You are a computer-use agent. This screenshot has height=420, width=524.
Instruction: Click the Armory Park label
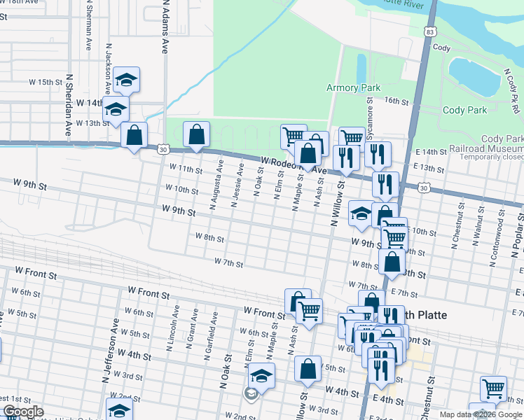tap(353, 87)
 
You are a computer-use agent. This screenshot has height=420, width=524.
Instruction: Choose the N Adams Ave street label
tap(165, 27)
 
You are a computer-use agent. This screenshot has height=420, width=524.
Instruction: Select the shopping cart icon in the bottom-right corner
tap(493, 387)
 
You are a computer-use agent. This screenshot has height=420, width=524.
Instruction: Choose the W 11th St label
tap(186, 169)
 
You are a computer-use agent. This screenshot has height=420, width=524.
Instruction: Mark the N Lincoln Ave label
tap(170, 337)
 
